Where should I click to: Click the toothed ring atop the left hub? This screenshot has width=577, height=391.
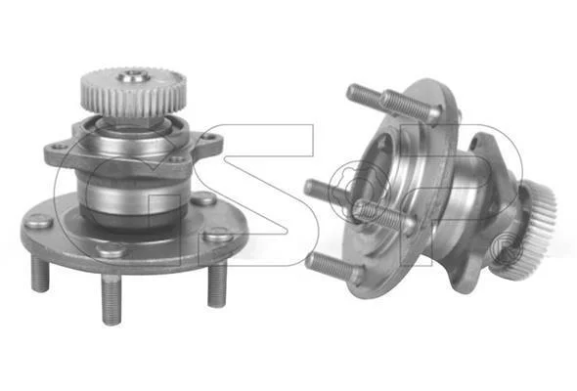134,93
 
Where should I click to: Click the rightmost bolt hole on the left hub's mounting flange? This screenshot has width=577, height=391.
209,137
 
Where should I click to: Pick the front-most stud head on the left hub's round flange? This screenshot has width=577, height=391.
111,251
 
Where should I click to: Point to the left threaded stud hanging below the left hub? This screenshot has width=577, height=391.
40,275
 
